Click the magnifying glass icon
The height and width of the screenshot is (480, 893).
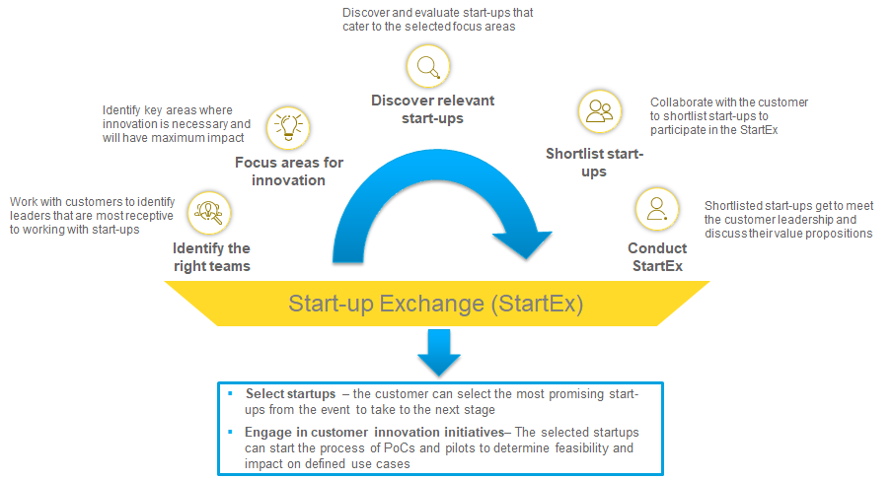click(428, 67)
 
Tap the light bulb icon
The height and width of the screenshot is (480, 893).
click(288, 125)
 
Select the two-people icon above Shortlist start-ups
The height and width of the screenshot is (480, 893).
click(599, 110)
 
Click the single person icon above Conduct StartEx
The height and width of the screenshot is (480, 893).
click(656, 209)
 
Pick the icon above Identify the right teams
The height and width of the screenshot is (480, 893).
click(209, 210)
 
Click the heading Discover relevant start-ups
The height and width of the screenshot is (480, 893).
click(432, 109)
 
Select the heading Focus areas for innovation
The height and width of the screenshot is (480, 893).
click(288, 171)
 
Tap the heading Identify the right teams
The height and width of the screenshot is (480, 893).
click(211, 257)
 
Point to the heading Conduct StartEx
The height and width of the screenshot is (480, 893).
click(655, 257)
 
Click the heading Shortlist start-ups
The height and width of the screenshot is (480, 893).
click(594, 163)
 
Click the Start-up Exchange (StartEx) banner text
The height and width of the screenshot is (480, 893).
click(436, 305)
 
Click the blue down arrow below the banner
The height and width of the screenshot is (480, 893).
click(438, 351)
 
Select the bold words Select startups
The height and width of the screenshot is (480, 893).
click(291, 394)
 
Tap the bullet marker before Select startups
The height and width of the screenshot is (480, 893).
click(230, 394)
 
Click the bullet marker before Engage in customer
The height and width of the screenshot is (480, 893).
click(230, 433)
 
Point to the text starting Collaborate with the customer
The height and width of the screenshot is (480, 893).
click(729, 116)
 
